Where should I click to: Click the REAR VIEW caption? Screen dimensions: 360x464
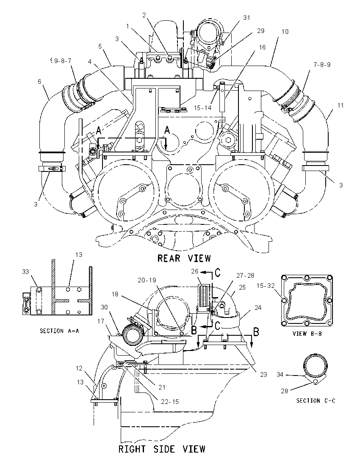(184, 258)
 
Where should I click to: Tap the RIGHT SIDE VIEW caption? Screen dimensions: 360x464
(162, 449)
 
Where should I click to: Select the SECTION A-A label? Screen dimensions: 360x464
(60, 331)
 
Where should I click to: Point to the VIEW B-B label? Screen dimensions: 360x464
(307, 334)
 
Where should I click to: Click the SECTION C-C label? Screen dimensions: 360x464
(316, 400)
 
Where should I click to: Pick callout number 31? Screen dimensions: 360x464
(246, 18)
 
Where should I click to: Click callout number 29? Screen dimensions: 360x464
(260, 31)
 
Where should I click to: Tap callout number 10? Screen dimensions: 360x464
(285, 32)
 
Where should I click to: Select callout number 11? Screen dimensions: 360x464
(341, 105)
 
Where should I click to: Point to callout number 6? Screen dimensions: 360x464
(39, 81)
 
